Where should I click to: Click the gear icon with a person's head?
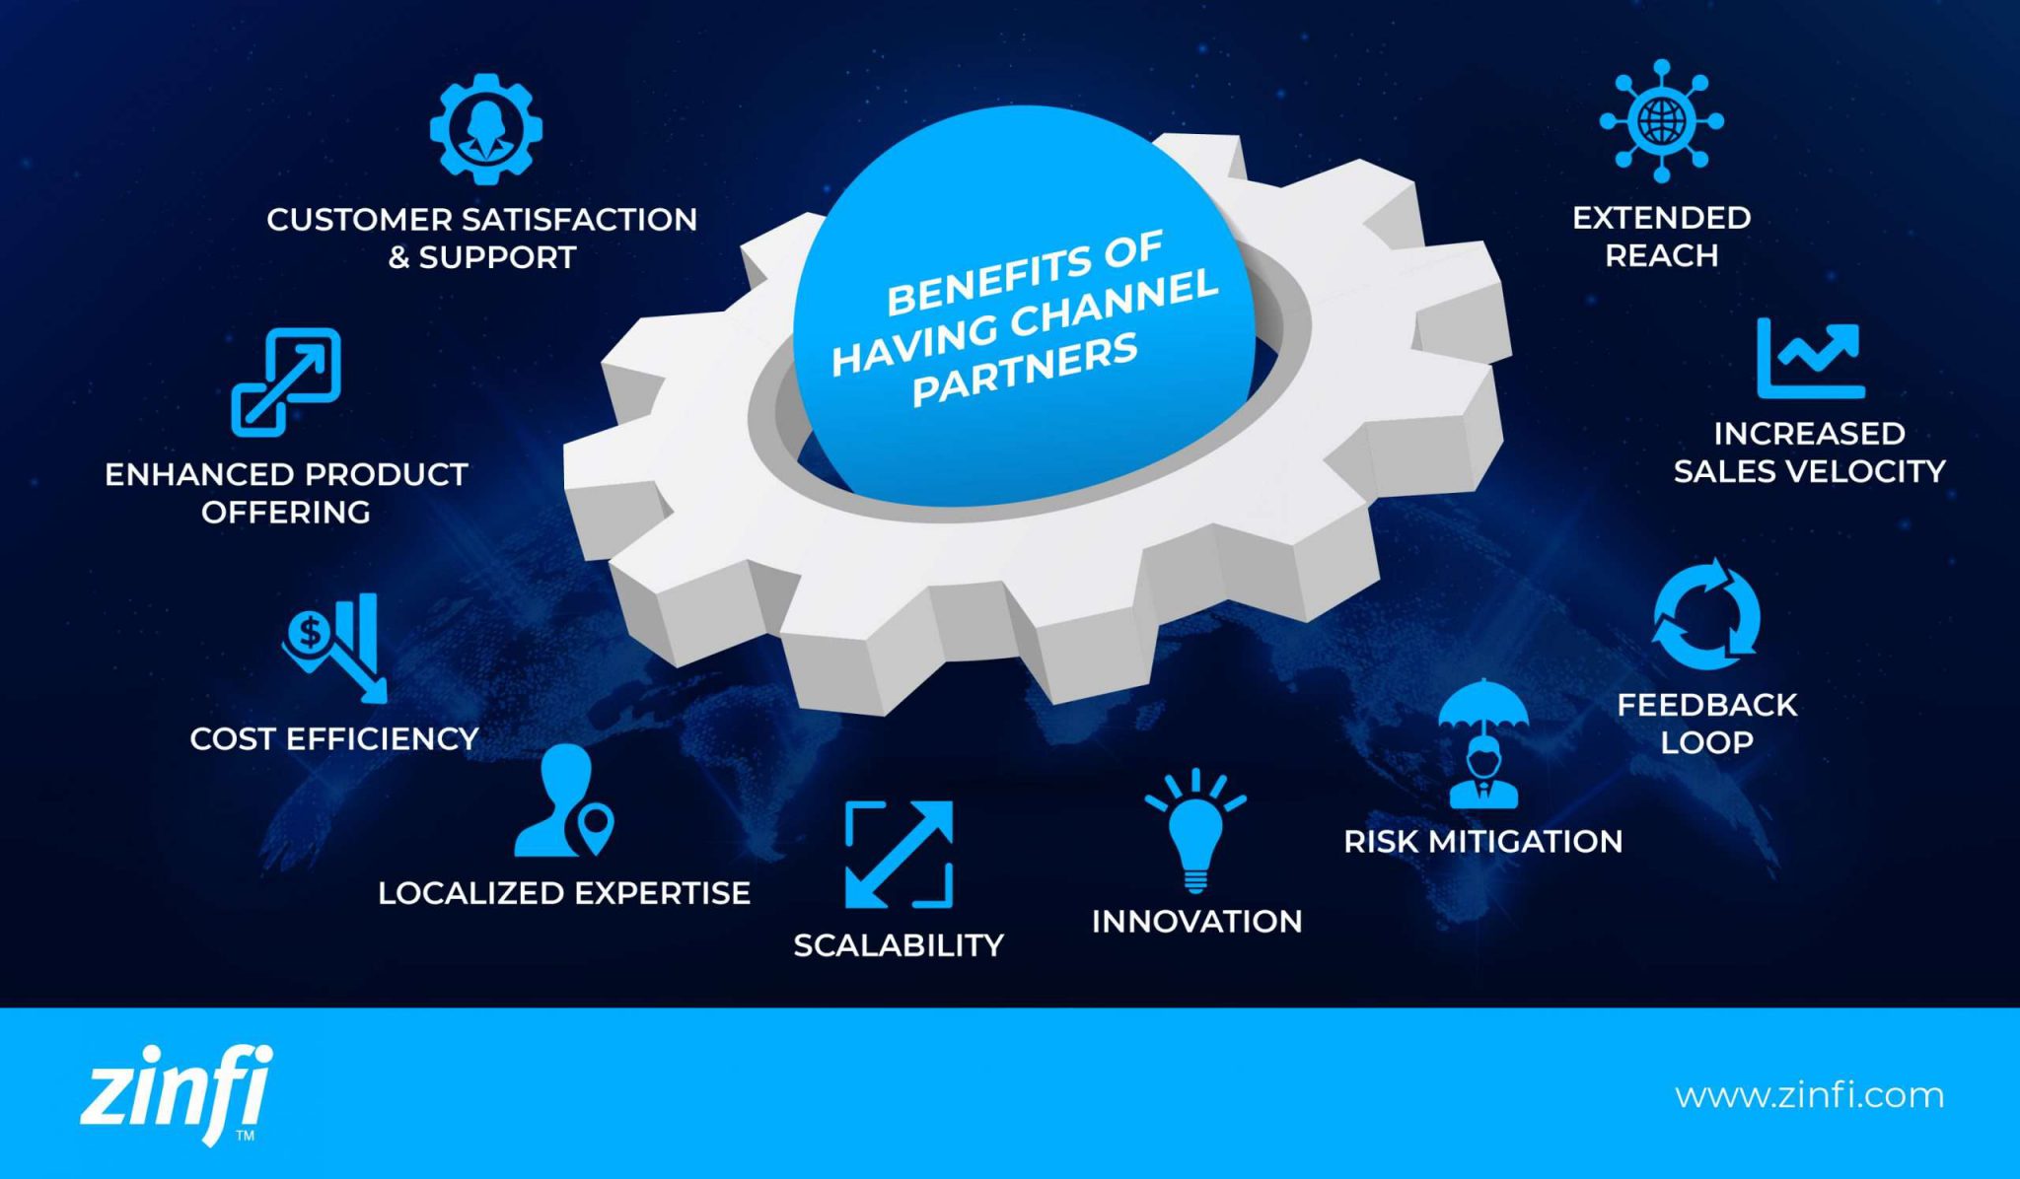click(x=485, y=128)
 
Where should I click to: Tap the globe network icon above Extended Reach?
click(x=1661, y=121)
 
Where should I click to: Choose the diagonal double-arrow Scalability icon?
click(x=899, y=854)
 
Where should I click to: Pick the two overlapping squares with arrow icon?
click(x=286, y=381)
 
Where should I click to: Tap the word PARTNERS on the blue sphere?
click(x=1025, y=371)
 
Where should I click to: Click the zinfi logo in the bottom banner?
click(x=176, y=1093)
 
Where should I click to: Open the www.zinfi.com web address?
click(x=1809, y=1095)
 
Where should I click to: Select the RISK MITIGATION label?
click(x=1482, y=841)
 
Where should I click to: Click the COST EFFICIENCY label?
click(x=334, y=738)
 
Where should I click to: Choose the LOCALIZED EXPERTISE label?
click(x=564, y=893)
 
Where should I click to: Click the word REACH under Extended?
click(x=1661, y=255)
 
